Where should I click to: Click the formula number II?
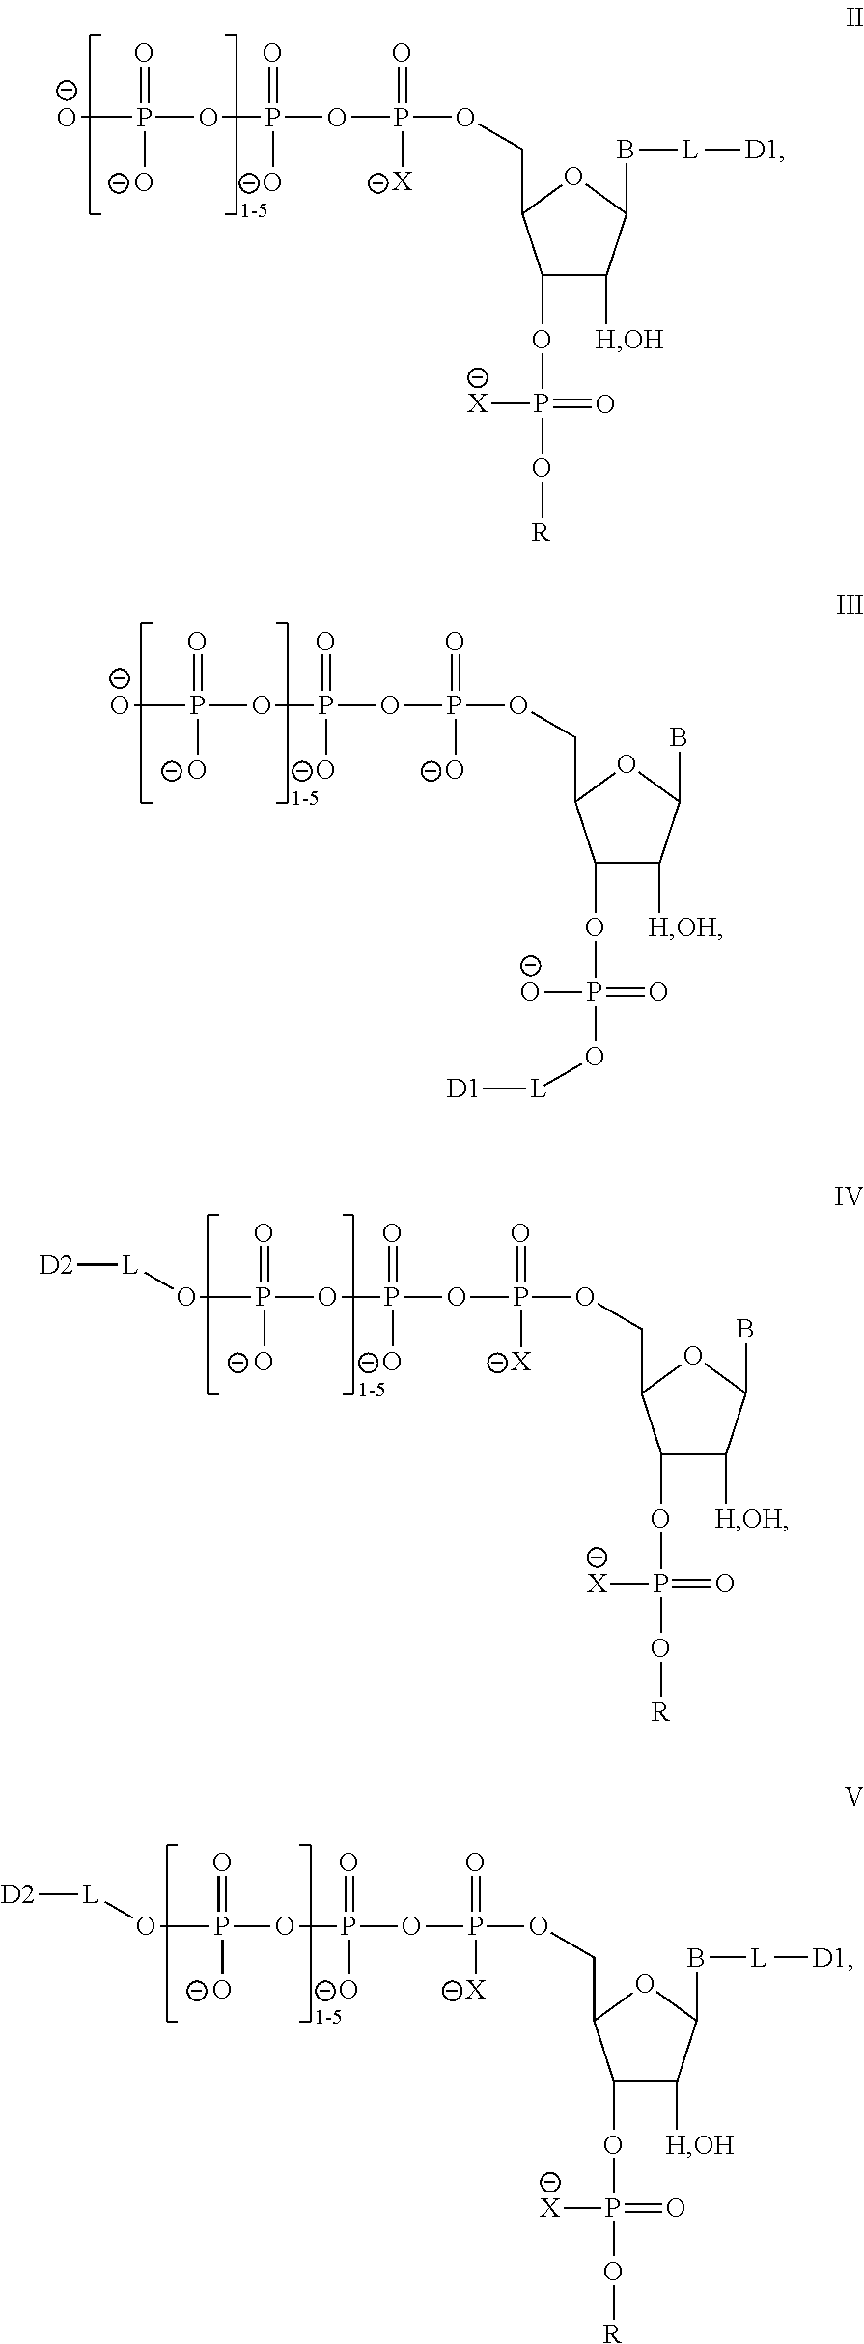coord(854,18)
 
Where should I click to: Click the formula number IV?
coord(849,1199)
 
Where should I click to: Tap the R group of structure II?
coord(541,534)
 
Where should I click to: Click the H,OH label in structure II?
coord(628,340)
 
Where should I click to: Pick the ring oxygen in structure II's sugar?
coord(573,177)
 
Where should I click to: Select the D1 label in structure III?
coord(463,1089)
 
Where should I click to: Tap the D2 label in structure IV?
coord(56,1266)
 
